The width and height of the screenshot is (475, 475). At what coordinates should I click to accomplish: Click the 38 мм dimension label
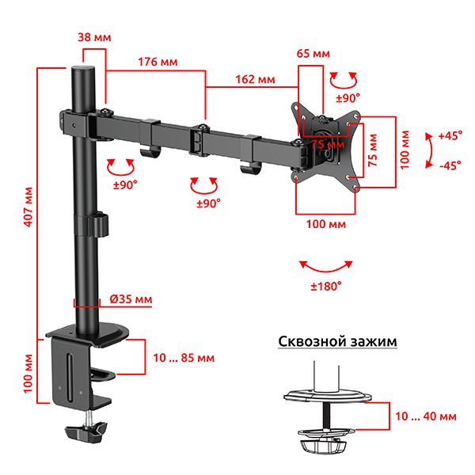(x=94, y=37)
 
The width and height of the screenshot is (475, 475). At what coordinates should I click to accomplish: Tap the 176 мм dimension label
(x=158, y=62)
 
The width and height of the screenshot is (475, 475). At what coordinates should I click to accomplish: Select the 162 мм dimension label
(x=256, y=79)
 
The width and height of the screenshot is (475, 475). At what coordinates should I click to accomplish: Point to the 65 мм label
(x=313, y=54)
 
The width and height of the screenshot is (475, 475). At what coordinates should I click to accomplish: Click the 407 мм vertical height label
(x=28, y=207)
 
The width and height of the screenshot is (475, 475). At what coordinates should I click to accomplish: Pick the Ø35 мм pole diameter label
(x=131, y=299)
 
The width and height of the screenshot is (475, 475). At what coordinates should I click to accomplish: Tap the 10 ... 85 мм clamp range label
(x=184, y=358)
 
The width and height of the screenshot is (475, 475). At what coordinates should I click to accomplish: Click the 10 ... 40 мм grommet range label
(x=426, y=416)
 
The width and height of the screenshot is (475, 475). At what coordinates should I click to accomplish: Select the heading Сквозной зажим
(x=337, y=341)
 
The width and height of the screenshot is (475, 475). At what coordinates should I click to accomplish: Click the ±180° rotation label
(x=326, y=286)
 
